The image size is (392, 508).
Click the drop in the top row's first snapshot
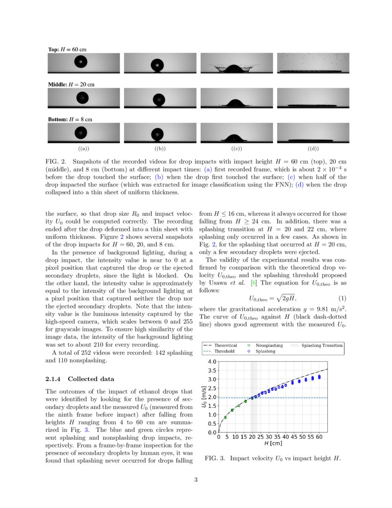(x=81, y=62)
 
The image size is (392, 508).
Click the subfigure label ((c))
(x=236, y=149)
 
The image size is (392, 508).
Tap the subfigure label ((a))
(x=83, y=149)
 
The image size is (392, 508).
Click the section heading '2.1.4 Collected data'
(x=80, y=379)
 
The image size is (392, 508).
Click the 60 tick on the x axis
(x=319, y=437)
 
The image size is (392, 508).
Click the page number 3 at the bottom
(x=196, y=480)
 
